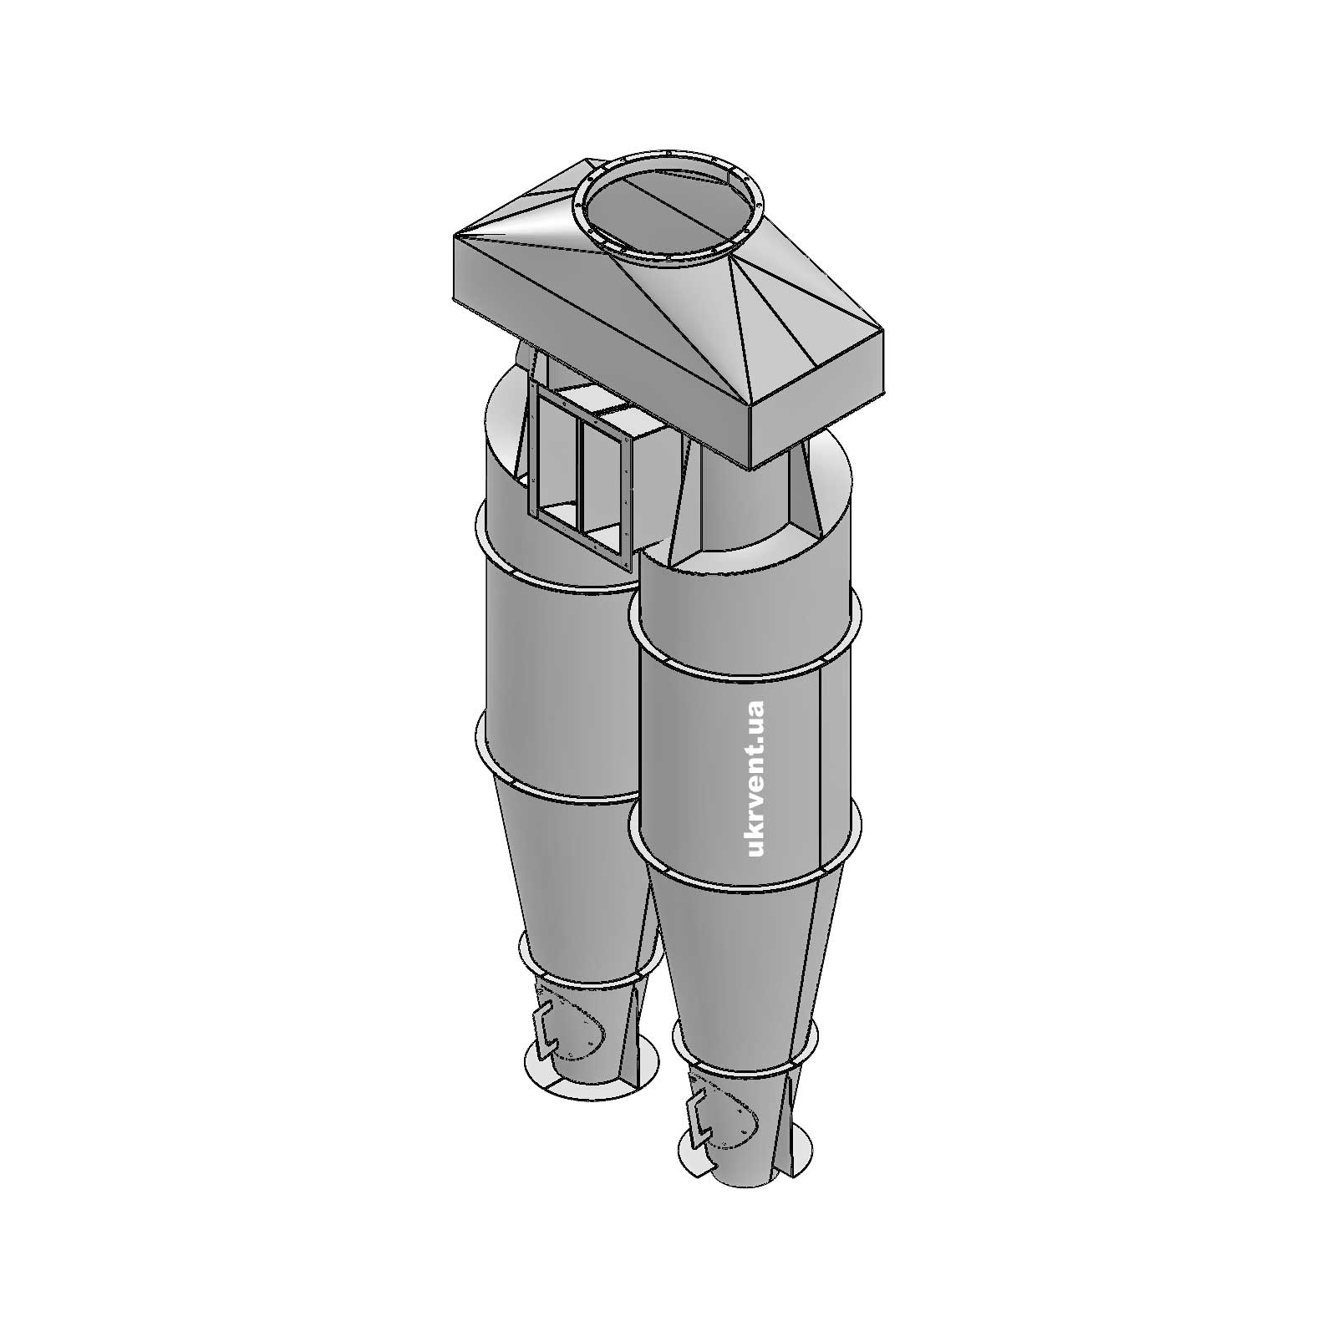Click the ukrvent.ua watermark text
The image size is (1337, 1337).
tap(755, 779)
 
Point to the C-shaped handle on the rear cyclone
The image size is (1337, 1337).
tap(546, 1027)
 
